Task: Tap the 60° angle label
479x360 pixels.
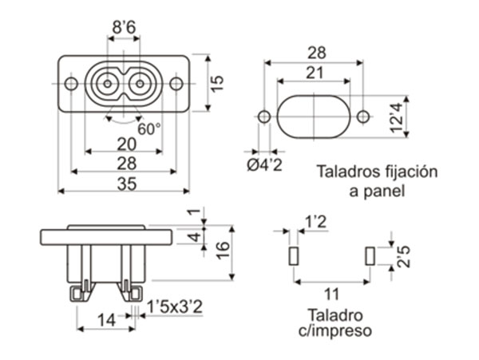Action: coord(148,128)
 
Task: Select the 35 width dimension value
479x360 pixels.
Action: coord(125,184)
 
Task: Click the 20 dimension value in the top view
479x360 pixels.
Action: coord(125,143)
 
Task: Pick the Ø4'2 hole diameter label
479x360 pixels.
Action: coord(263,164)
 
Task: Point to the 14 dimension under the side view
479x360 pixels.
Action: coord(105,321)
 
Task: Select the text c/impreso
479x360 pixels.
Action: coord(334,329)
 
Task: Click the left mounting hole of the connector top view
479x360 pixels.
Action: coord(71,83)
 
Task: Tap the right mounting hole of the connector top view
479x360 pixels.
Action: coord(176,83)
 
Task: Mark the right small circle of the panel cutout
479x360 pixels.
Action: coord(363,117)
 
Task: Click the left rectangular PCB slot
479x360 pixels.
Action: coord(293,256)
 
